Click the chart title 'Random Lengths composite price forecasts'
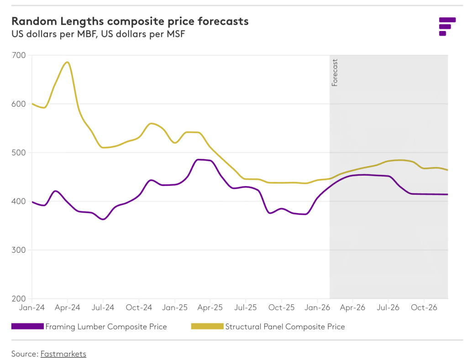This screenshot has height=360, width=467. click(130, 21)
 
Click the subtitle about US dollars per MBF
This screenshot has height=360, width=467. click(98, 34)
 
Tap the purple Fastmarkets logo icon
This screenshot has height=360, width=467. click(447, 26)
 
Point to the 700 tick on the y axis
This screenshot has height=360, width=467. click(20, 55)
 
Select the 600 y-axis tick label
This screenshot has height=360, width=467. click(20, 104)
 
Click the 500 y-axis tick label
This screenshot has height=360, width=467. click(20, 152)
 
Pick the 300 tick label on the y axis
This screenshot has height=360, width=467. click(20, 250)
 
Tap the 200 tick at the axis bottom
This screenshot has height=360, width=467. click(20, 298)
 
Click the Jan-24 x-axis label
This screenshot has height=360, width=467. click(31, 308)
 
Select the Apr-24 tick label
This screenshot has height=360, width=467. click(68, 308)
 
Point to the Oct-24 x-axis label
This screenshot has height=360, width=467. click(139, 308)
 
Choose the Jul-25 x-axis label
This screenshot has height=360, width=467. click(246, 308)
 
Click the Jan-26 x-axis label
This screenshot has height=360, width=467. click(317, 308)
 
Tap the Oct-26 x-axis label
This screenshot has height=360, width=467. click(424, 308)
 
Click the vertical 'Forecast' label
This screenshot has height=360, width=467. click(335, 73)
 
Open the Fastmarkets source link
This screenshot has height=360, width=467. click(63, 354)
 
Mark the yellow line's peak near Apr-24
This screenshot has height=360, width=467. click(68, 62)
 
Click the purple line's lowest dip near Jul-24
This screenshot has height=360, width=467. click(103, 219)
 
